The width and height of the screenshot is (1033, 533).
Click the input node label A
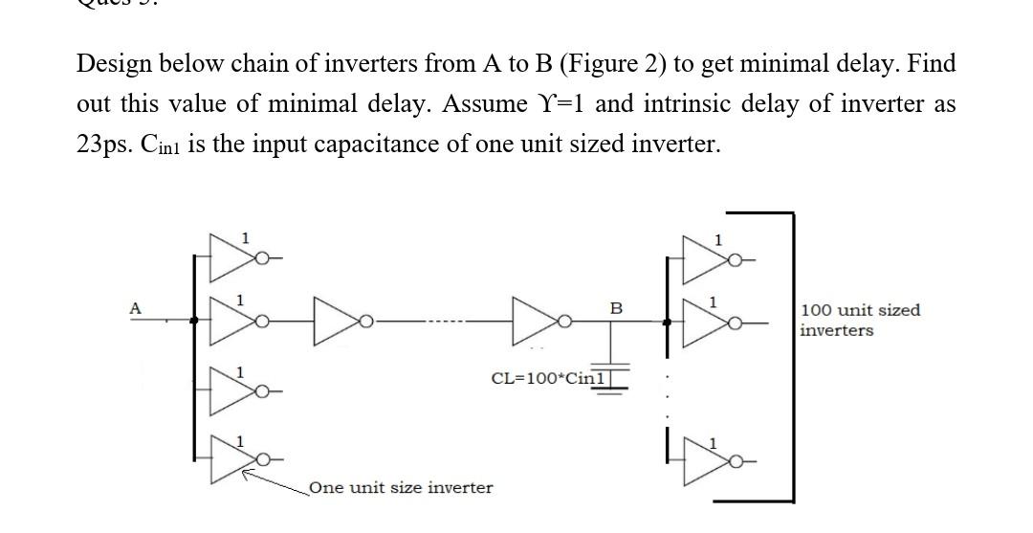pos(136,308)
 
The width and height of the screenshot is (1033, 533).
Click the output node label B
pos(616,308)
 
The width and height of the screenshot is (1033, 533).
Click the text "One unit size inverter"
pos(402,488)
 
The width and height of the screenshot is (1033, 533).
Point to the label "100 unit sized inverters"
pos(860,320)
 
